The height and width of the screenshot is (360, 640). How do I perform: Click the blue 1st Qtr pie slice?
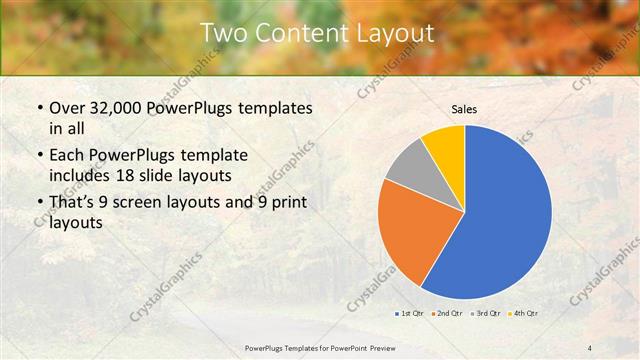(x=505, y=220)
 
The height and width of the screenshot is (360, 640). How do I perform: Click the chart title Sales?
(x=465, y=108)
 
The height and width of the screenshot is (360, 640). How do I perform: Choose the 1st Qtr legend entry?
(x=408, y=314)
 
